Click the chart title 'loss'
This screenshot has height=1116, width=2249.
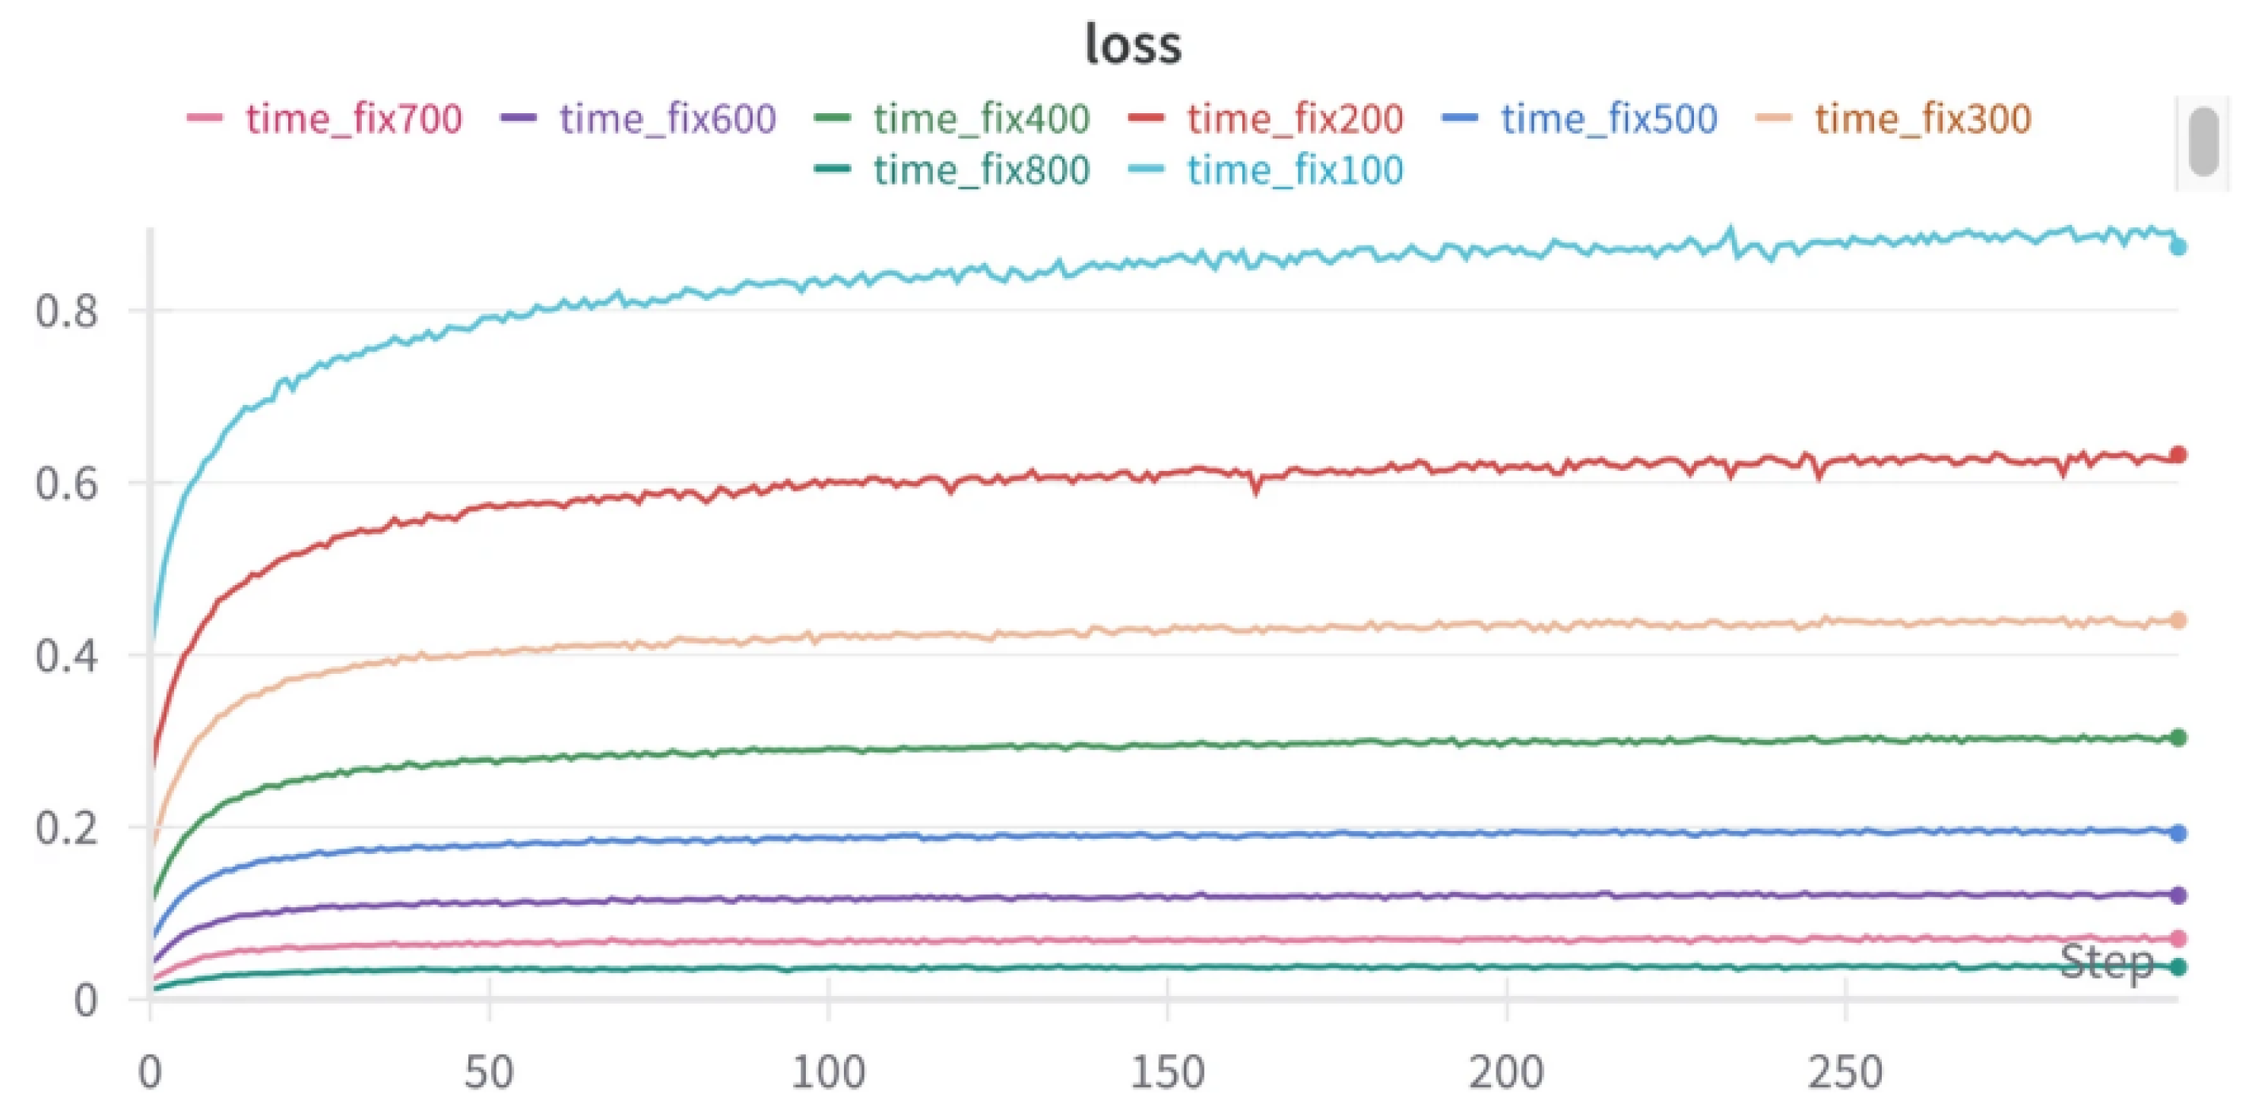pos(1133,43)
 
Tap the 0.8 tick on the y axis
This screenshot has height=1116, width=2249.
pos(67,311)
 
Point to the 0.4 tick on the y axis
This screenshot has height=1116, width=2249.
pos(67,656)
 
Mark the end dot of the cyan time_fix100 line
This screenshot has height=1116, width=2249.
pos(2178,247)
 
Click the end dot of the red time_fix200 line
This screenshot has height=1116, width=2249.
pos(2178,454)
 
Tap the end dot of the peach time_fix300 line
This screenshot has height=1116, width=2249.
pos(2178,621)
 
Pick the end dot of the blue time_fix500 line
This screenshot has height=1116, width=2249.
pos(2178,833)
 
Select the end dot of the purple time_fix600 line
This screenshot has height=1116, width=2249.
pos(2178,895)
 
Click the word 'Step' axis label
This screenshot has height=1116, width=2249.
pos(2107,963)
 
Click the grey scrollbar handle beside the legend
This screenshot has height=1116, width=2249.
pos(2204,141)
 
